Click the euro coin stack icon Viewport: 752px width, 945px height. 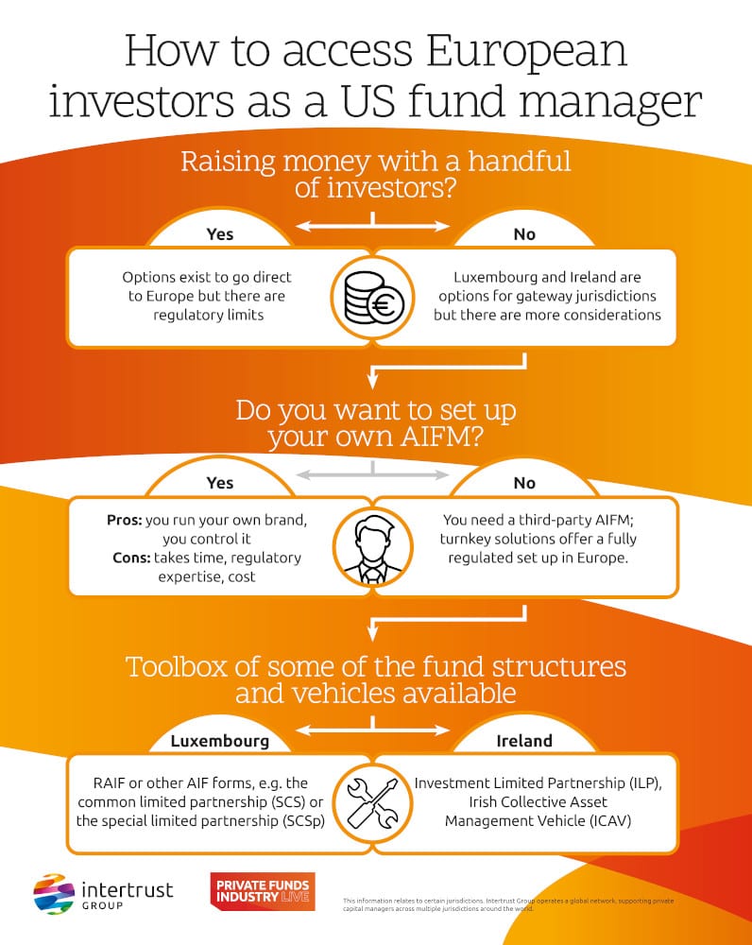374,297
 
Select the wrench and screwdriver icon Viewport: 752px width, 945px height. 374,800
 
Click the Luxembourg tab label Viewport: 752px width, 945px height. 219,741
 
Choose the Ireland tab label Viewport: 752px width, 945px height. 524,741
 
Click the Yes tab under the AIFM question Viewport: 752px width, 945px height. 219,483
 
